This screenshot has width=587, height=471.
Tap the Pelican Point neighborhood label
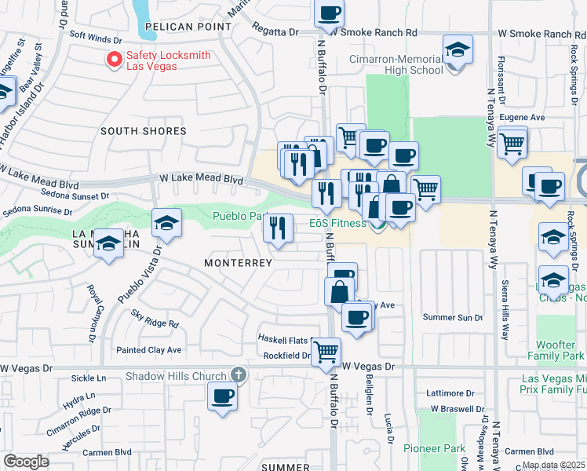point(188,27)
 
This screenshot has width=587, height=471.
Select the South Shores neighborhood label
point(143,131)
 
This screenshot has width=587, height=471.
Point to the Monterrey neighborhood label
point(238,262)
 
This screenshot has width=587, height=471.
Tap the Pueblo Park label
point(239,216)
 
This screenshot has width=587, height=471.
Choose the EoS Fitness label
point(337,224)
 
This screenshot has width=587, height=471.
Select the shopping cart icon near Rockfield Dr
point(326,351)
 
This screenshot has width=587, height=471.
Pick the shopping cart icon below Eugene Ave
point(512,143)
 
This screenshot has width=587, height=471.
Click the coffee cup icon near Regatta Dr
point(330,13)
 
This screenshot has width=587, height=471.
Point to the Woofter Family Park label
point(561,350)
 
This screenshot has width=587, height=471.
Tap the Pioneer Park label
point(428,448)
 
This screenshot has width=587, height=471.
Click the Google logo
point(26,462)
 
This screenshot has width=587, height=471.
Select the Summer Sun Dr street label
point(452,317)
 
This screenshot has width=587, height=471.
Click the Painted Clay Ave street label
point(148,349)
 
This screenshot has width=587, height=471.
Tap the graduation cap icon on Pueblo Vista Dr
point(167,223)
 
